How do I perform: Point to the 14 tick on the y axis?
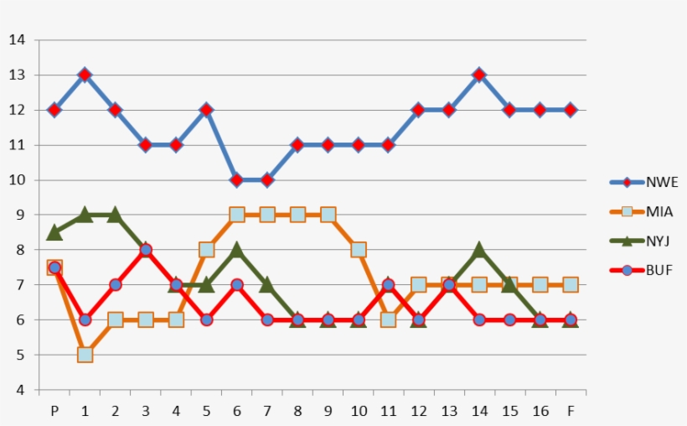18,40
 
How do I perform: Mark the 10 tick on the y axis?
18,180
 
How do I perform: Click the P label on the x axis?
54,410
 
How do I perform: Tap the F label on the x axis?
570,410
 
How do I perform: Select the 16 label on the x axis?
540,410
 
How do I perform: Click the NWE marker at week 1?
85,75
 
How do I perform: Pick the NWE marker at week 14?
479,75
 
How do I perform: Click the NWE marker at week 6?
236,179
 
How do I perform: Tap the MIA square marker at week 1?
85,355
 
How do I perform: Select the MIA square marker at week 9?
328,215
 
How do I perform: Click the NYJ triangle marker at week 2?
115,215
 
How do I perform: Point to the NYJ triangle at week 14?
479,249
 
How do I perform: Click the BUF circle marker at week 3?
145,250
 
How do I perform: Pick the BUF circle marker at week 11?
388,285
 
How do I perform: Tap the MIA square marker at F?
570,285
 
